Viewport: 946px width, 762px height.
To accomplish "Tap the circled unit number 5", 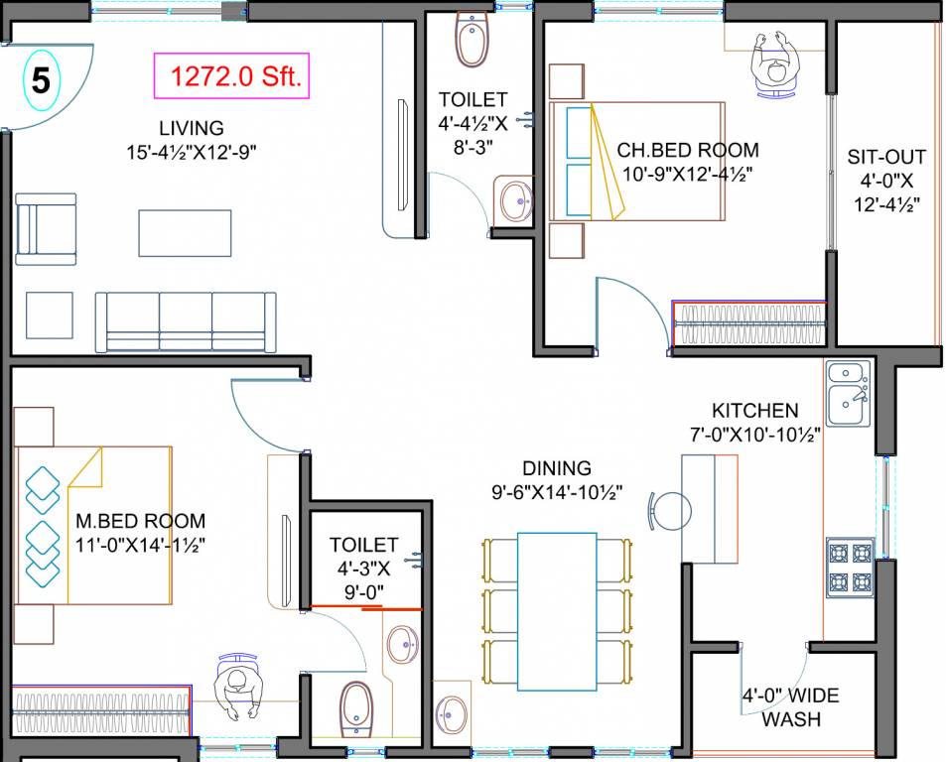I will coord(40,80).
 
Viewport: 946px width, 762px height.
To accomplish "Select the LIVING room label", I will coord(191,128).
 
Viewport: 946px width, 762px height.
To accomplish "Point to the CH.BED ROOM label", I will coord(687,151).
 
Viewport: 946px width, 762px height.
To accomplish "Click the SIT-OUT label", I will coord(886,157).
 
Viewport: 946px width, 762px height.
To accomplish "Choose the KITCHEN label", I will coord(754,411).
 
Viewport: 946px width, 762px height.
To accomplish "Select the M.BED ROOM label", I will coord(140,521).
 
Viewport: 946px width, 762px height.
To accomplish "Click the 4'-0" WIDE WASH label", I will coord(790,706).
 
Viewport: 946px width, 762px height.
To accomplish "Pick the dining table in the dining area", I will coord(557,611).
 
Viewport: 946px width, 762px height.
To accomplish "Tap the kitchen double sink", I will coord(847,390).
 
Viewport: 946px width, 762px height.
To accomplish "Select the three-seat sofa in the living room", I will coord(186,319).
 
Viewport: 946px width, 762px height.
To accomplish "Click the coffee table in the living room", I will coord(185,233).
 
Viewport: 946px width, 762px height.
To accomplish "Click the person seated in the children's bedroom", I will coord(776,63).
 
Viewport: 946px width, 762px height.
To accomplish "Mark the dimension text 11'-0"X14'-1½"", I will coord(140,544).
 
